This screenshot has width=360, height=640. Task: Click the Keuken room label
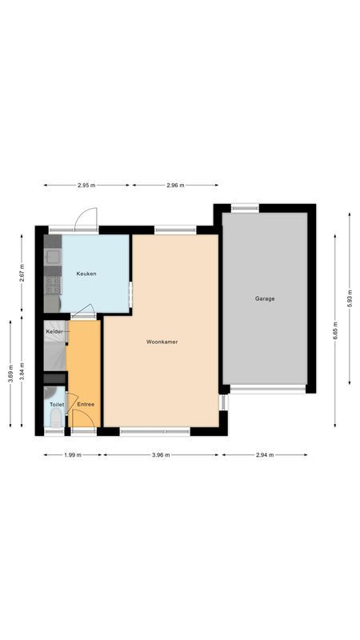(86, 274)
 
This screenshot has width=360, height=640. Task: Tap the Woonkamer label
(162, 342)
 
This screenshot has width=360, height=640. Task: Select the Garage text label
(265, 298)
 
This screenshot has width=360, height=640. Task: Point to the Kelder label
(54, 331)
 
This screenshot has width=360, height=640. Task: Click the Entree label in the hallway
(86, 404)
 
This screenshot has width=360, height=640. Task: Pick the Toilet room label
(57, 405)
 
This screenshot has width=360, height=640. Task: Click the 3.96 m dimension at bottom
(162, 454)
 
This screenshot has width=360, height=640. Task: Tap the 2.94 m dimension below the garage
(265, 454)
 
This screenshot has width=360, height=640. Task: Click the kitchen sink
(52, 258)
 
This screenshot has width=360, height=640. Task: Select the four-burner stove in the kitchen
(52, 283)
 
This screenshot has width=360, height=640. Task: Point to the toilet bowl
(50, 394)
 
